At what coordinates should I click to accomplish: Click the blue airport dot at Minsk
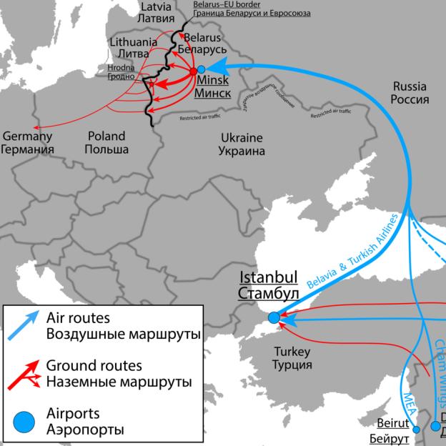pos(202,69)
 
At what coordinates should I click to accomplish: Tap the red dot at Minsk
pos(192,71)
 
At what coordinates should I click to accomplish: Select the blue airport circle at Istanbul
pos(274,317)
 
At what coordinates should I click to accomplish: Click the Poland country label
pos(106,135)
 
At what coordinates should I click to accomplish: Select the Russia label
pos(411,86)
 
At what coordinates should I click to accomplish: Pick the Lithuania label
pos(134,42)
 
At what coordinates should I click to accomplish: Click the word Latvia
pos(157,6)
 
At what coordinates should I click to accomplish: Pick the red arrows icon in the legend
pos(25,373)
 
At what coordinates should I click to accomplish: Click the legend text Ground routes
pos(94,365)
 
